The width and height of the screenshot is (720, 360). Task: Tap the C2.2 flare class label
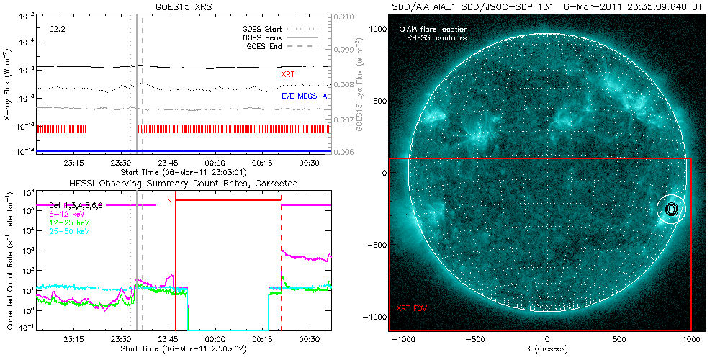58,29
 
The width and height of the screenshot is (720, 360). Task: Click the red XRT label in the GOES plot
287,74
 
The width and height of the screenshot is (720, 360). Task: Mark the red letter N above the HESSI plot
169,201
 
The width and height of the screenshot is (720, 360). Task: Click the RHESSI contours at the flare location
671,209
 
